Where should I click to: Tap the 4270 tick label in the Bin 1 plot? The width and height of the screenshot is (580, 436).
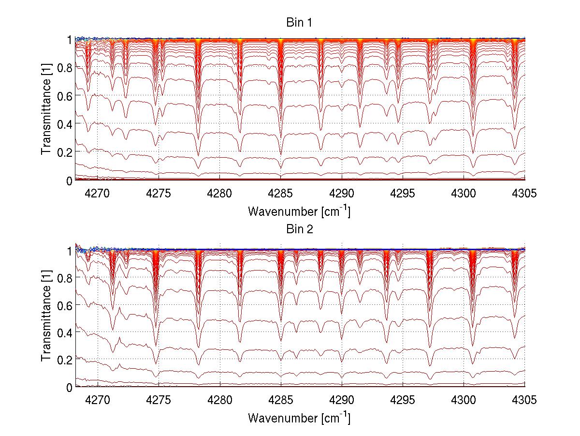click(x=98, y=194)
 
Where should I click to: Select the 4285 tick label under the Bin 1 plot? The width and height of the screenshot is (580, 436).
click(x=281, y=194)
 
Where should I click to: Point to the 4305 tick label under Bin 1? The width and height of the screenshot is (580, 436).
click(x=524, y=194)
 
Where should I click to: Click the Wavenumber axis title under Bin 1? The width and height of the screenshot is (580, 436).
click(x=299, y=211)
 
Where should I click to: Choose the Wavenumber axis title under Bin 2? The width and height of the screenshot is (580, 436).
click(x=299, y=418)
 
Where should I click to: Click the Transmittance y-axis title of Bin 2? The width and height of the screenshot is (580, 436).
click(x=46, y=317)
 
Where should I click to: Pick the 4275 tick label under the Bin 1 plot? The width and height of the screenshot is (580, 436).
click(x=159, y=194)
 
